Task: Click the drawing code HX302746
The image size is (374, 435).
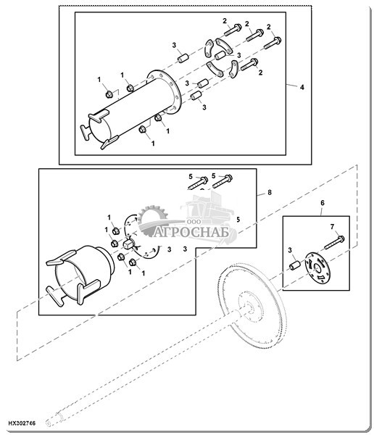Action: (22, 423)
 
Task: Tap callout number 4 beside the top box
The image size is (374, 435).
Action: (302, 87)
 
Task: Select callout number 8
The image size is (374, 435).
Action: (270, 192)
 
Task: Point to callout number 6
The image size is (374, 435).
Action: (323, 203)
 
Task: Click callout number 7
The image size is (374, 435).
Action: (333, 227)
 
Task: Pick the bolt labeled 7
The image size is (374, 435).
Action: (334, 242)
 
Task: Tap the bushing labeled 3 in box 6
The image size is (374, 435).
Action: (295, 265)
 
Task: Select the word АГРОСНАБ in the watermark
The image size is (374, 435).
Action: (192, 232)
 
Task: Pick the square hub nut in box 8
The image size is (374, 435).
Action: (128, 244)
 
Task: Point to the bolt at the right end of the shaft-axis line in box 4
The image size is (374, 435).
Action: (249, 65)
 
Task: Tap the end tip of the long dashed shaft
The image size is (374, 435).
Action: (48, 423)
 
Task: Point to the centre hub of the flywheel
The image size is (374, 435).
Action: (251, 307)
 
